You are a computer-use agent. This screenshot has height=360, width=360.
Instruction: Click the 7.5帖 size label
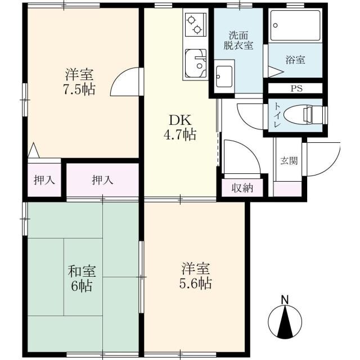point(79,89)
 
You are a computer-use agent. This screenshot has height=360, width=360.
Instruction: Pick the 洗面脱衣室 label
point(240,40)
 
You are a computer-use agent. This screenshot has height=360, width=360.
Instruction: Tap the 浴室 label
point(295,59)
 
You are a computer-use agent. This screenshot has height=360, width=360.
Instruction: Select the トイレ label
point(279,115)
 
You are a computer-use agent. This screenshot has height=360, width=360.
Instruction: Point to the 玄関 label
point(289,160)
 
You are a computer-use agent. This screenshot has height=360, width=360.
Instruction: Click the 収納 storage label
point(242,187)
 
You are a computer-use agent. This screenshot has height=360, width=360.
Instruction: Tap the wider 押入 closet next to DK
point(102,180)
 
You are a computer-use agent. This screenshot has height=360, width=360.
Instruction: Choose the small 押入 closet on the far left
point(43,180)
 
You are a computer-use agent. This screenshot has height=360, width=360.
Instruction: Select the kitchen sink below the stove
point(195,62)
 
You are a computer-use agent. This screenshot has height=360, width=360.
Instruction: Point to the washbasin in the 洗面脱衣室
point(224,75)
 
